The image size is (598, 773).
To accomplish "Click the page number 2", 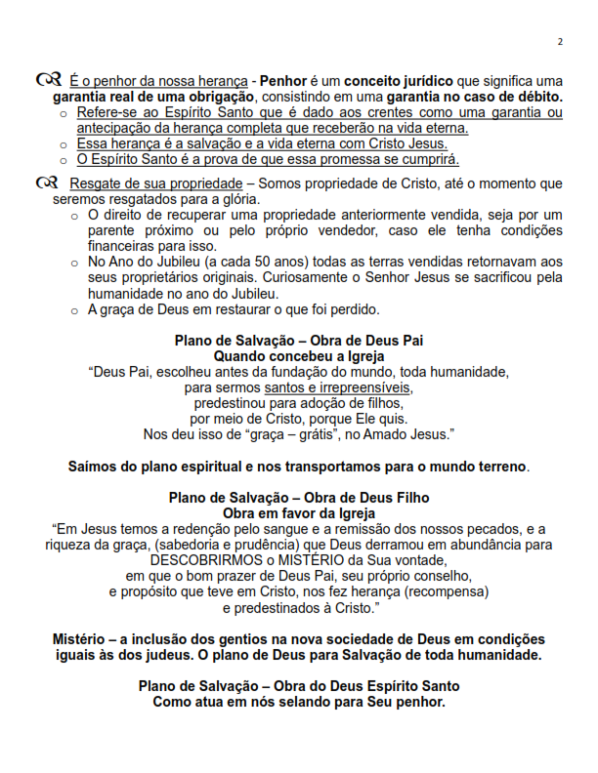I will click(x=561, y=41).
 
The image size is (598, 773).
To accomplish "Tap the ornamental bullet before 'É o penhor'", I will click(x=45, y=79).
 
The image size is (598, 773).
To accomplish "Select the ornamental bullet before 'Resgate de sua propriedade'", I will click(x=45, y=183).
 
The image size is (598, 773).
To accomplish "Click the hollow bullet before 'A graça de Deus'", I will click(x=75, y=310).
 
